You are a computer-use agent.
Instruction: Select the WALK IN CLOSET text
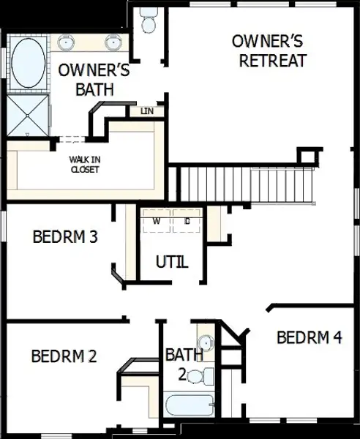[x=84, y=164]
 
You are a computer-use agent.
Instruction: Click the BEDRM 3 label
[x=66, y=237]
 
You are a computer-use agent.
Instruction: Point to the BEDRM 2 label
[x=64, y=356]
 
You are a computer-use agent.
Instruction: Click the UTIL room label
[x=173, y=261]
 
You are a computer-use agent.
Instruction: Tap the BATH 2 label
[x=184, y=364]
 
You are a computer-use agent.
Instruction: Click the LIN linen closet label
[x=147, y=111]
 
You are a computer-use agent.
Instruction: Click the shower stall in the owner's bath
[x=27, y=115]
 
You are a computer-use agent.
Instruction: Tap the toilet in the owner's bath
[x=149, y=20]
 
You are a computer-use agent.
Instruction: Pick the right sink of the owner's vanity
[x=113, y=42]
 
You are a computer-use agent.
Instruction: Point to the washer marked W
[x=157, y=220]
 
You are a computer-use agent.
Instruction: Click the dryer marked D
[x=187, y=220]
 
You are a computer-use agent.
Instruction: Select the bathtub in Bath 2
[x=189, y=405]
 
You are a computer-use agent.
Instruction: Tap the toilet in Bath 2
[x=207, y=378]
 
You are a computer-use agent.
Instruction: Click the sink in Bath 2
[x=206, y=342]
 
